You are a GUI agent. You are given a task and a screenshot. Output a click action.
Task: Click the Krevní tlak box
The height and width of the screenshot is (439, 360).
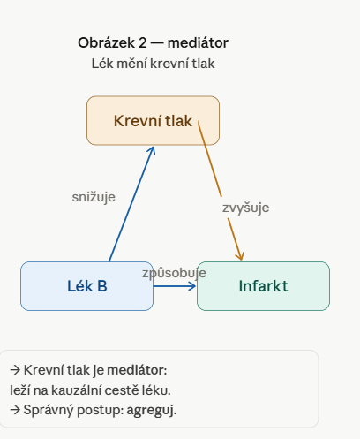coord(153,120)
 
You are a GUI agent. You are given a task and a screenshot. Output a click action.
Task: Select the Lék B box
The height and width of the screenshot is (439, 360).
coord(86,286)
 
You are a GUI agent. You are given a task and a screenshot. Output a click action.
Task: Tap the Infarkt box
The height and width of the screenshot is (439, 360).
coord(263,286)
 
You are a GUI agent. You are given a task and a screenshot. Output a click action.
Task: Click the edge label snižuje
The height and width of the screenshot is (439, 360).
coord(94,197)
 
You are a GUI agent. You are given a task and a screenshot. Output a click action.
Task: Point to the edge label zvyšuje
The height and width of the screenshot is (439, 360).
coord(245,208)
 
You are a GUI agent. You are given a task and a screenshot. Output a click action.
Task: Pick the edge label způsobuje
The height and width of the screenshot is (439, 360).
coord(174,273)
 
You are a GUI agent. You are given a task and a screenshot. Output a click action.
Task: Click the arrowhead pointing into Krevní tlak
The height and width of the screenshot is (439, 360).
coord(152,150)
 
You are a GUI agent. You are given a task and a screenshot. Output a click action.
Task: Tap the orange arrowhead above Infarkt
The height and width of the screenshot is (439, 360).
coord(240,255)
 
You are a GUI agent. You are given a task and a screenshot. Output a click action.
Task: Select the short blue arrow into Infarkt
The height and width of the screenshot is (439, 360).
coord(175,286)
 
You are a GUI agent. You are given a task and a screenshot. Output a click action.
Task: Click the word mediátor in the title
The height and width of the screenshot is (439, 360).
coord(198,42)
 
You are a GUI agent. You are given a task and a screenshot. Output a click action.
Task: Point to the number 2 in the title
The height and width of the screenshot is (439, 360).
coord(143,43)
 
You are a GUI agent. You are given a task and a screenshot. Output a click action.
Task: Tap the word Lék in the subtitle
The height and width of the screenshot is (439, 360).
coord(102,64)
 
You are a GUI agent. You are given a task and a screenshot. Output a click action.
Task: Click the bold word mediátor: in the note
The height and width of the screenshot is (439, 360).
coord(137,370)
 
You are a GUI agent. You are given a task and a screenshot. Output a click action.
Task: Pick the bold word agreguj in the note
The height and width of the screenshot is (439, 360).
coord(152,410)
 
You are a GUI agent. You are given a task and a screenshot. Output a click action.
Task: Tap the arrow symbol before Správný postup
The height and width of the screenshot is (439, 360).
coord(15,410)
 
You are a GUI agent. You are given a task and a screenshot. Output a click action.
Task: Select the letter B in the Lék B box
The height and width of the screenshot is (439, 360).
coord(102,286)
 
